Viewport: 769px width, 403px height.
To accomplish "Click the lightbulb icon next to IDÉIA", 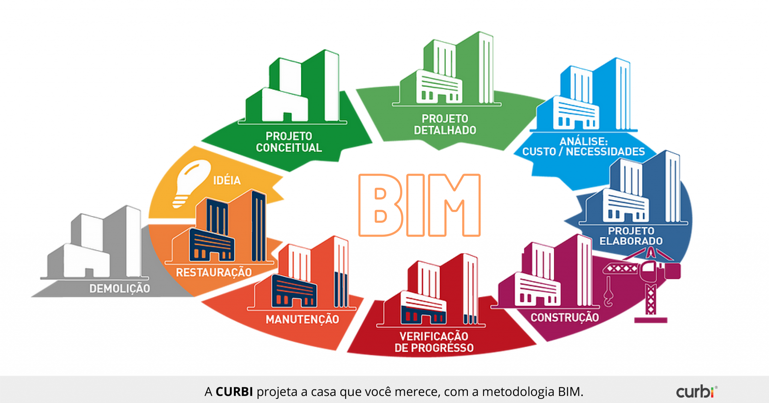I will point(190,182).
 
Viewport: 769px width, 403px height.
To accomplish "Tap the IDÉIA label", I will point(227,180).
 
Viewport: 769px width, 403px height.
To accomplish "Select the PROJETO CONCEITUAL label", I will point(289,142).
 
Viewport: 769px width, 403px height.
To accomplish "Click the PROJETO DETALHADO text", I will point(445,125).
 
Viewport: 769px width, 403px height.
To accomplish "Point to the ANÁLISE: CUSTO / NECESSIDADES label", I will point(584,147).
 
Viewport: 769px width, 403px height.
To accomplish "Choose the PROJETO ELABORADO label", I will point(631,236).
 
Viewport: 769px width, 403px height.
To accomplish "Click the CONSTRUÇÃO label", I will point(564,317).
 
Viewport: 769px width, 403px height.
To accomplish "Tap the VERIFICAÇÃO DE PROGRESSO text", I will point(434,342).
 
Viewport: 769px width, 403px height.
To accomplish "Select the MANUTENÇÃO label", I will point(302,319).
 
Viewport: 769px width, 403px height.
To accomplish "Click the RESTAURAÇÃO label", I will point(214,272).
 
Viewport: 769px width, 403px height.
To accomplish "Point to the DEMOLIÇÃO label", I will point(119,288).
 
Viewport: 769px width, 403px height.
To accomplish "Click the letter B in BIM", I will point(380,205).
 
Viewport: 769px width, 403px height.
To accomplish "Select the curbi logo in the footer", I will point(696,392).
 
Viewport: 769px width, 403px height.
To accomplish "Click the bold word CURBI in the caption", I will point(234,392).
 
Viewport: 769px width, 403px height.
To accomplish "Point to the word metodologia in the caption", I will point(518,392).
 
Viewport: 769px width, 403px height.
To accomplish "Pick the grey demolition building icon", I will point(98,244).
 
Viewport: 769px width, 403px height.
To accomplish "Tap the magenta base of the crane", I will point(650,320).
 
